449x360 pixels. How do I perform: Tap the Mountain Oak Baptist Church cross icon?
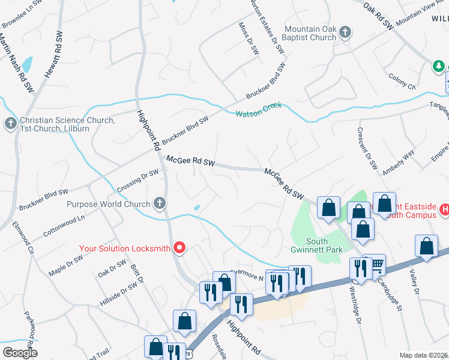[x=345, y=31]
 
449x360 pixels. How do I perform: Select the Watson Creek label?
[x=258, y=110]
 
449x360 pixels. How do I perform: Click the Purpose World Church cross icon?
[x=160, y=203]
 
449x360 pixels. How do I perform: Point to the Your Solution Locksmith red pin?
[x=179, y=247]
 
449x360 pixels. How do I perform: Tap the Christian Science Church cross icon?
[x=10, y=124]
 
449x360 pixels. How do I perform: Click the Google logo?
[x=20, y=353]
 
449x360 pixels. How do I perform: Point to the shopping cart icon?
[x=376, y=263]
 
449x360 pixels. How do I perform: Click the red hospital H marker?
[x=444, y=210]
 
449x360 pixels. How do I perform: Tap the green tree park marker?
[x=439, y=65]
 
